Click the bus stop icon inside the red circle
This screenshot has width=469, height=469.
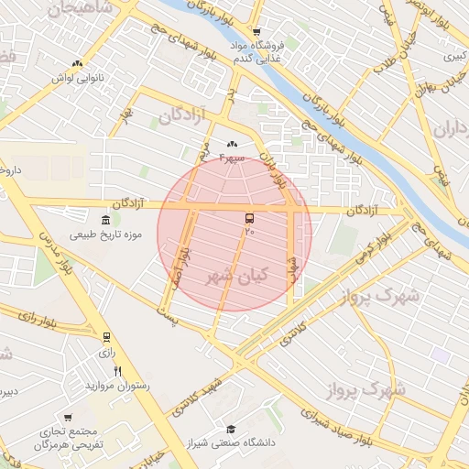pyautogui.click(x=249, y=219)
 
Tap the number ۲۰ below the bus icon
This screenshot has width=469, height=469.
pyautogui.click(x=248, y=233)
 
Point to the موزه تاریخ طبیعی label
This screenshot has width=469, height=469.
pyautogui.click(x=105, y=235)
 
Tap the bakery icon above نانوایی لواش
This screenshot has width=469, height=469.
pyautogui.click(x=77, y=64)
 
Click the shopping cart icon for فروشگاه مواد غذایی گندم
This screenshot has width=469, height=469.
pyautogui.click(x=257, y=32)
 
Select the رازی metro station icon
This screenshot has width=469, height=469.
pyautogui.click(x=106, y=337)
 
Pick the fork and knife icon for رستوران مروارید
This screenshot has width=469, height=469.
pyautogui.click(x=117, y=371)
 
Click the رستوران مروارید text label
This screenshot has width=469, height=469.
pyautogui.click(x=116, y=386)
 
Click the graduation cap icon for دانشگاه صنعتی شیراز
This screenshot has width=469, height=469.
pyautogui.click(x=231, y=429)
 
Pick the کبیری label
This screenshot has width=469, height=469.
pyautogui.click(x=453, y=57)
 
